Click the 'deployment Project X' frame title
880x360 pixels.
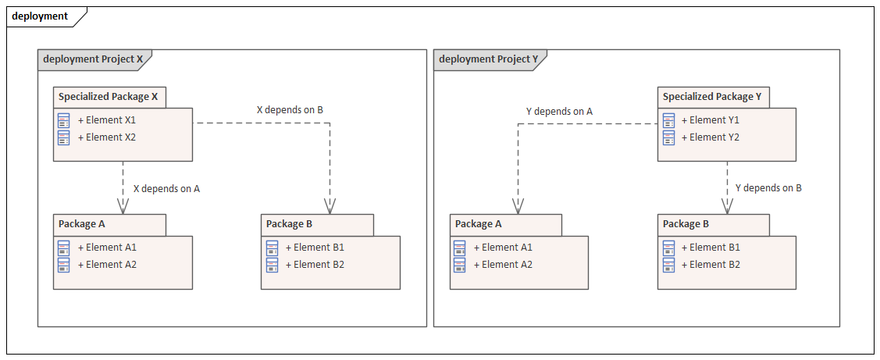[93, 59]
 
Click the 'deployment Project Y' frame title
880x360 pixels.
[489, 59]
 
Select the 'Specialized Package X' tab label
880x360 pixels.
[108, 97]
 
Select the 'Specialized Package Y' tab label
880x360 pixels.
[712, 97]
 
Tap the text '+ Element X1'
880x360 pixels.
[107, 120]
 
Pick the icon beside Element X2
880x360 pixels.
[64, 137]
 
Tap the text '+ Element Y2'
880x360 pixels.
[711, 137]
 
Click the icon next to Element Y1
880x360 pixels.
[668, 120]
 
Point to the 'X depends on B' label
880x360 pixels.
[290, 110]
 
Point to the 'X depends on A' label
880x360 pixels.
[166, 188]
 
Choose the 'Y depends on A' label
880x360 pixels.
[559, 112]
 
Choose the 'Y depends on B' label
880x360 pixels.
[768, 188]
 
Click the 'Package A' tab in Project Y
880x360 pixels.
[478, 224]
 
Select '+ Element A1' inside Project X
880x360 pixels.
[107, 248]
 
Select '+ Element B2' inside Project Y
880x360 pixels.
[711, 265]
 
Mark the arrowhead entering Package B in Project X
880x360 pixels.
[330, 207]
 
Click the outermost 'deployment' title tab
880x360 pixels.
[40, 16]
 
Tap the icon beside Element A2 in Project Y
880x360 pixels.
[460, 265]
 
